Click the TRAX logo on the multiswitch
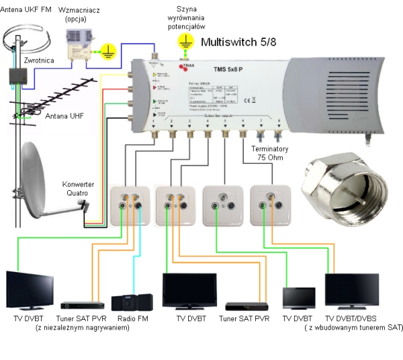coord(186,66)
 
